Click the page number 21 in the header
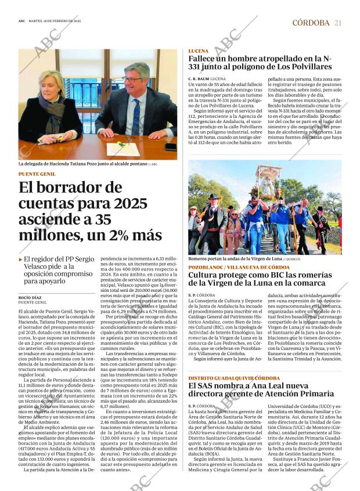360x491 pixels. [x=337, y=23]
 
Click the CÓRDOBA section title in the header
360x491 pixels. [x=311, y=23]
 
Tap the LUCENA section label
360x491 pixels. [x=199, y=51]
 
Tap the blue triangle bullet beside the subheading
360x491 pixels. [x=20, y=258]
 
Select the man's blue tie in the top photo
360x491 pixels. [x=136, y=115]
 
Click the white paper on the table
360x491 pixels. [x=123, y=149]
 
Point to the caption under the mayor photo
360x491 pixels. [x=87, y=164]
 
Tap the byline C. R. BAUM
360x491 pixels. [x=199, y=78]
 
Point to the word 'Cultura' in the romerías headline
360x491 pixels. [x=205, y=275]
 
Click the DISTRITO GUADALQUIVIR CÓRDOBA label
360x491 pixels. [x=231, y=378]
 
